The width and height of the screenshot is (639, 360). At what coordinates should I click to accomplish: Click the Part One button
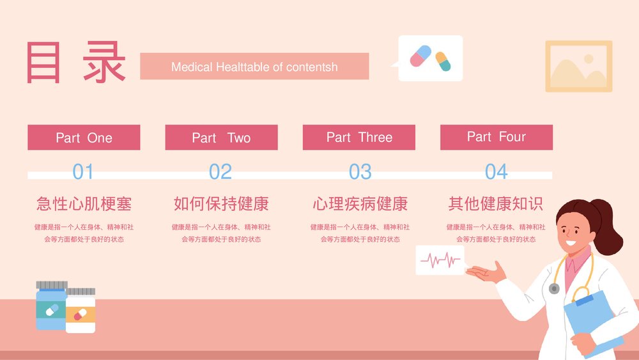(84, 137)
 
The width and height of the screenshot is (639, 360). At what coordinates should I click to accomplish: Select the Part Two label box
(221, 137)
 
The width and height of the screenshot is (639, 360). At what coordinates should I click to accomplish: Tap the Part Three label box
(359, 137)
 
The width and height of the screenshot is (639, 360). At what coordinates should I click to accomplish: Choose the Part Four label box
(497, 137)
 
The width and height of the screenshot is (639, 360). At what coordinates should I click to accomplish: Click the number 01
(83, 171)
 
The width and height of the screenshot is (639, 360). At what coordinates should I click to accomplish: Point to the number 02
(220, 171)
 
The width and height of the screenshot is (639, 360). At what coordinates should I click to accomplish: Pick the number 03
(360, 171)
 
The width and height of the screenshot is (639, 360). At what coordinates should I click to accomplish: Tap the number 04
(496, 171)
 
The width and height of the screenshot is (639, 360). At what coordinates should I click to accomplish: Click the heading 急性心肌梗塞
(84, 204)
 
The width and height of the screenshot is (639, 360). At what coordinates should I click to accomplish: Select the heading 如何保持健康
(221, 204)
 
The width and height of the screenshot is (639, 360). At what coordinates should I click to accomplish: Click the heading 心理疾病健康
(360, 204)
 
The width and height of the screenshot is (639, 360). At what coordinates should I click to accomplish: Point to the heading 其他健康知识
(496, 204)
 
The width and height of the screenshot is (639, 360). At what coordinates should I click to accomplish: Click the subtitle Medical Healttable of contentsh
(254, 67)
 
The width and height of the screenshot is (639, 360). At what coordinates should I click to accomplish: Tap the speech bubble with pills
(430, 58)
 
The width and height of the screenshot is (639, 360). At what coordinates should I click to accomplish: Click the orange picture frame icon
(578, 66)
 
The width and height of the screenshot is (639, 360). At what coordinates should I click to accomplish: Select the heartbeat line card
(440, 260)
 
